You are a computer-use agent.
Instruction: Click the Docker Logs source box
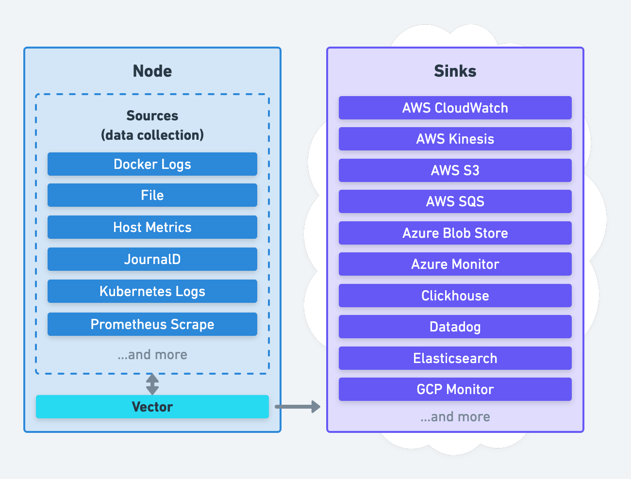point(152,164)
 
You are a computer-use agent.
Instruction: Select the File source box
point(152,195)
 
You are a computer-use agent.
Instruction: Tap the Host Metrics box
point(152,227)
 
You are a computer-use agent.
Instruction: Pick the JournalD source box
point(152,259)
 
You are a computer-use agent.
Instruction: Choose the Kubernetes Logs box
point(152,291)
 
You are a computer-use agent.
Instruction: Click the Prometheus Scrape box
point(152,324)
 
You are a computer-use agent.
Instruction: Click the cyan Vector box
point(152,407)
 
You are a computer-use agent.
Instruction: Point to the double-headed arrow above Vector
point(152,384)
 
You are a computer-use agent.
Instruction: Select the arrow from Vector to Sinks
point(298,407)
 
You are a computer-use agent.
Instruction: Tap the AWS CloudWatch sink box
point(455,108)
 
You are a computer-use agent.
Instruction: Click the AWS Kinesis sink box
point(455,139)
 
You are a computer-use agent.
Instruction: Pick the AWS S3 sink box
point(455,170)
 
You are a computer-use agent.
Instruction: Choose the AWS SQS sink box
point(455,201)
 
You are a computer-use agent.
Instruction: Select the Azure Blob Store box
point(455,233)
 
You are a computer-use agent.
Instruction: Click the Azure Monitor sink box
point(455,264)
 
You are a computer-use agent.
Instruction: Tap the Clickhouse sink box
point(455,296)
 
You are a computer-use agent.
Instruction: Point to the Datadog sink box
point(455,327)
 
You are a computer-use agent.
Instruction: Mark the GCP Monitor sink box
point(455,389)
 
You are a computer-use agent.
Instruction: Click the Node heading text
point(152,71)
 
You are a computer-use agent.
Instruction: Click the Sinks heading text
point(455,71)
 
